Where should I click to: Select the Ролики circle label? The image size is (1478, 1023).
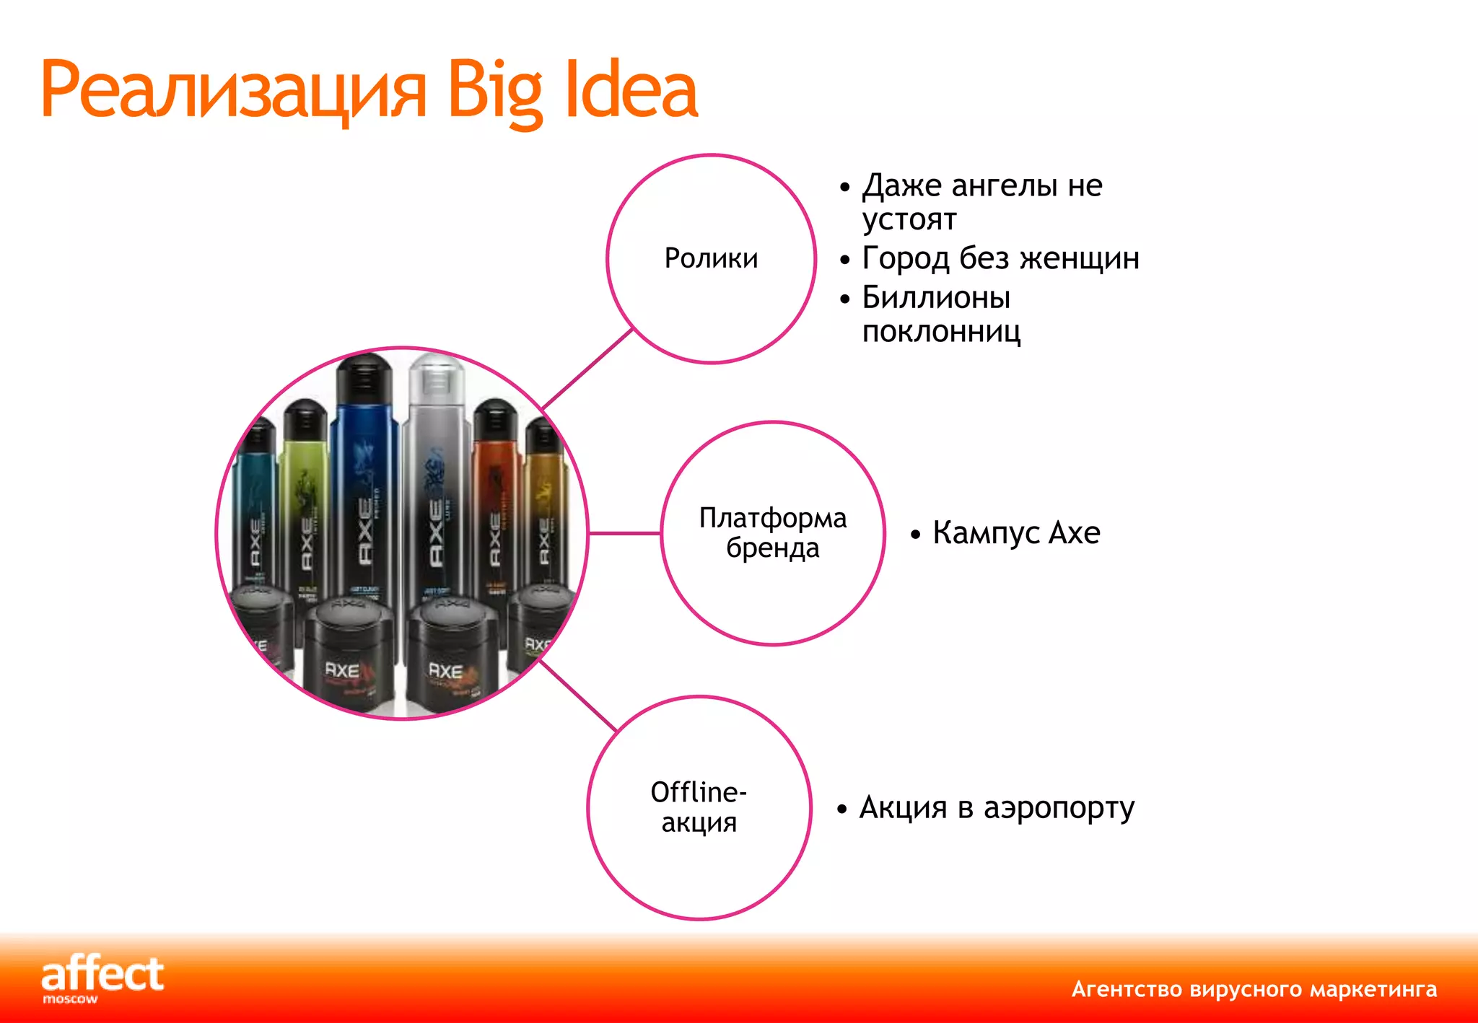tap(711, 258)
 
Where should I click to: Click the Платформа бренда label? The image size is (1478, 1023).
tap(772, 533)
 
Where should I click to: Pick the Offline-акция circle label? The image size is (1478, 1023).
tap(699, 807)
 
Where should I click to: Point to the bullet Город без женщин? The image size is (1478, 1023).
tap(1000, 258)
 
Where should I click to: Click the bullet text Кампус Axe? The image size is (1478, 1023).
tap(1015, 533)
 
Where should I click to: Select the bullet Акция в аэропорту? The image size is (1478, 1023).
tap(996, 807)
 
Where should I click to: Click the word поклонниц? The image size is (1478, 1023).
tap(941, 332)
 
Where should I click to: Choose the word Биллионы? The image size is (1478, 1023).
tap(936, 297)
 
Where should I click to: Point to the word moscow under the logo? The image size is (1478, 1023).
tap(70, 999)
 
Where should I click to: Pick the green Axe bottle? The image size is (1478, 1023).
tap(305, 498)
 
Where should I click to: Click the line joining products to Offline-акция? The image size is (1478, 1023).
tap(577, 695)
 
